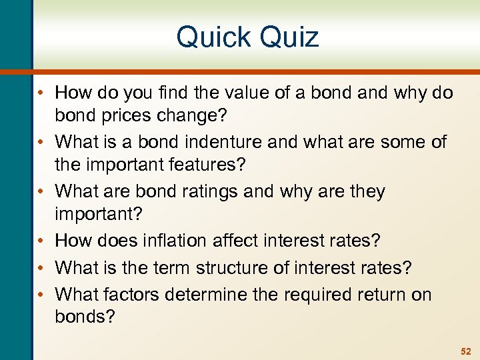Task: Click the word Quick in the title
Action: (x=213, y=37)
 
